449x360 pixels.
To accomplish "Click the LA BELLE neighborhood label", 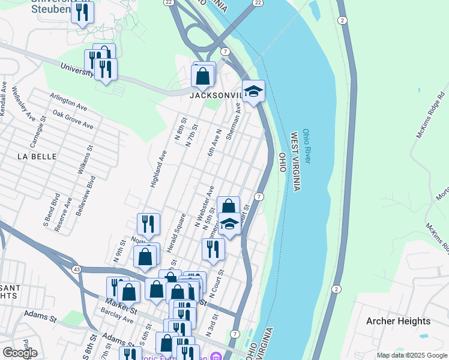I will tap(37, 156).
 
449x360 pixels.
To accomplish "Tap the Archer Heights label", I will tap(399, 321).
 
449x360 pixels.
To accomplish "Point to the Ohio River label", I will tap(307, 146).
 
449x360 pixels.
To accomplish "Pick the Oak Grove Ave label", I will tap(73, 119).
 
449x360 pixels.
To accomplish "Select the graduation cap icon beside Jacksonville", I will tap(253, 91).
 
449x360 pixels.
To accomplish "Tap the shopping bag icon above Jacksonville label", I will tap(203, 76).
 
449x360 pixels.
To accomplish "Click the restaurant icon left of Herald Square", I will tap(148, 224).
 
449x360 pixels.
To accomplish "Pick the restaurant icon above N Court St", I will tap(213, 248).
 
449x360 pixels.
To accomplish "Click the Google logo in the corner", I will tap(20, 353).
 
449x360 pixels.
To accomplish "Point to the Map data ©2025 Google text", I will tap(411, 355).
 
